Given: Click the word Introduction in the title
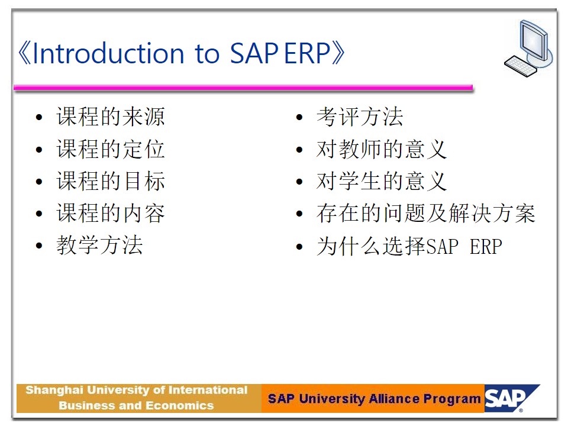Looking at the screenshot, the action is coord(108,53).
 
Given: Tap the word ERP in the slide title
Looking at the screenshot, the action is coord(307,53).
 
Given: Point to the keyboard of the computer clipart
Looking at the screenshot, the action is coord(521,66).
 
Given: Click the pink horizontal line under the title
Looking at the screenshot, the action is coord(243,88).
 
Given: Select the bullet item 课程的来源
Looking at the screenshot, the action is coord(111,117).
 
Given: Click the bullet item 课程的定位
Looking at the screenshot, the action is coord(111,149).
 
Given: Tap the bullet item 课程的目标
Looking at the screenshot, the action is coord(111,181).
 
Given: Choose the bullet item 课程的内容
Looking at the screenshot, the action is coord(111,213).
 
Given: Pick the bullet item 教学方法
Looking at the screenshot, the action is coord(99,245).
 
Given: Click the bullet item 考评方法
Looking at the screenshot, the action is coord(360,117).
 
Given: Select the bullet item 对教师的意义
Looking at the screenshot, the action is coord(382,149).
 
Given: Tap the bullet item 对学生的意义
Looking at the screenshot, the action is coord(382,181).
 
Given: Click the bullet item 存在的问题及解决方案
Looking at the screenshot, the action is coord(425,213).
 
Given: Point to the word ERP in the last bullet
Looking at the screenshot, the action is coord(486,247).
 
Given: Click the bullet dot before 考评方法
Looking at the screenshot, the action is coord(299,117).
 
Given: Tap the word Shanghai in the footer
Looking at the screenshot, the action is coord(54,390).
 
